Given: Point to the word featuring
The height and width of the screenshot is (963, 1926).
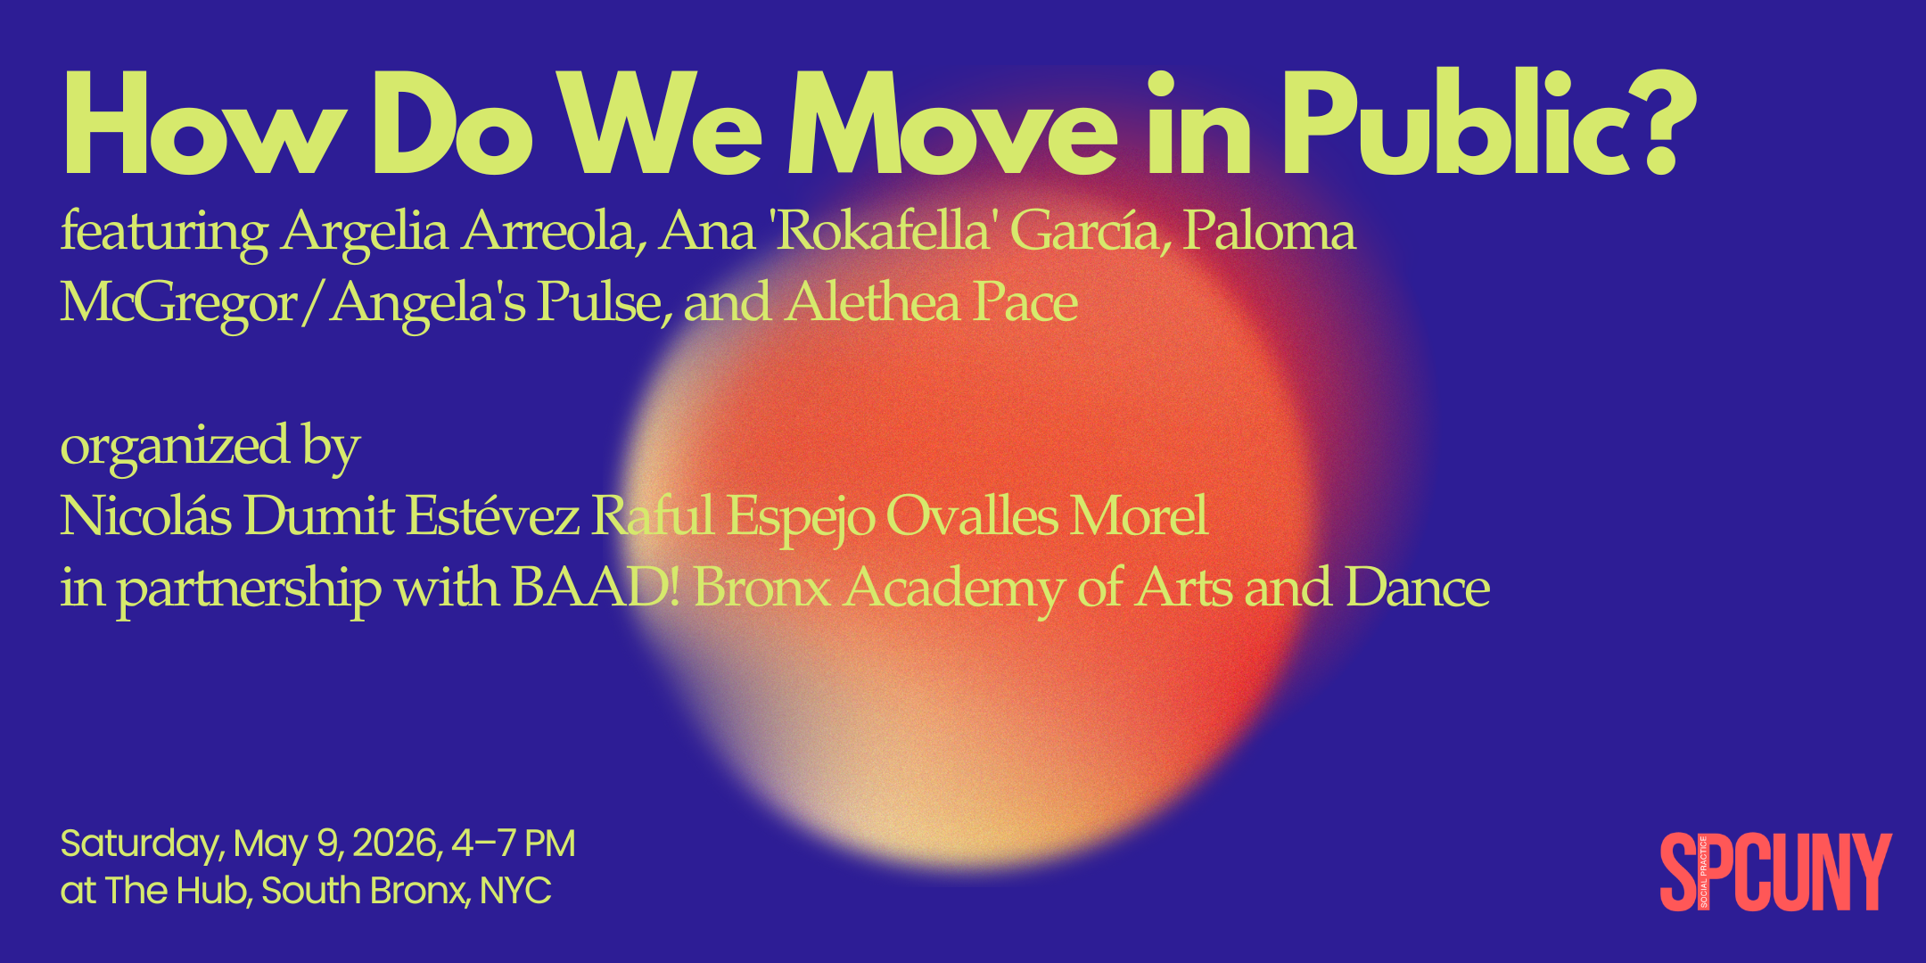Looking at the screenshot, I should pyautogui.click(x=164, y=232).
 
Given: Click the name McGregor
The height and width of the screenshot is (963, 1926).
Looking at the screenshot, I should pyautogui.click(x=178, y=303).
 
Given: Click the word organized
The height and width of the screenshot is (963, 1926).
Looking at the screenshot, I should pyautogui.click(x=175, y=446).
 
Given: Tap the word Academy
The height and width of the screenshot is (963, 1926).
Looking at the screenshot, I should pyautogui.click(x=954, y=588).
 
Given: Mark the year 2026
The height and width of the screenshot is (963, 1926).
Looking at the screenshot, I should pyautogui.click(x=398, y=844).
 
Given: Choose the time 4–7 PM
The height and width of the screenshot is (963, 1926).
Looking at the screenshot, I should pyautogui.click(x=514, y=844).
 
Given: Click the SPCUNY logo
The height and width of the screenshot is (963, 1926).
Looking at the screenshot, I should pyautogui.click(x=1774, y=872).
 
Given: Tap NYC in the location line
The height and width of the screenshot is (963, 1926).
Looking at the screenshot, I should pyautogui.click(x=515, y=890).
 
